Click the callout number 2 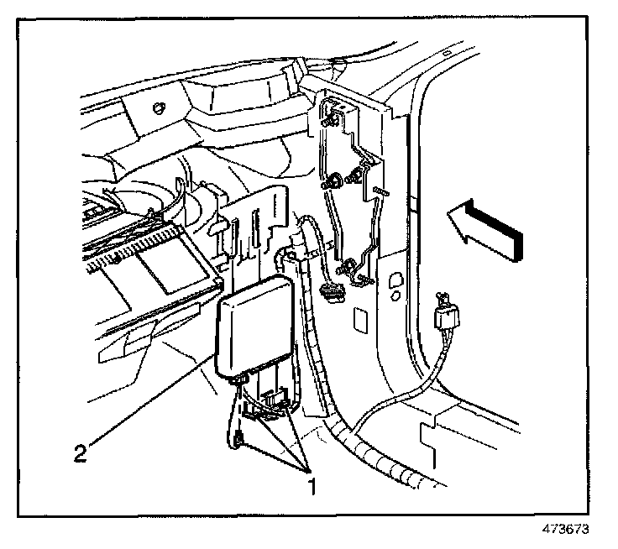point(79,454)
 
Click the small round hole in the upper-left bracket point(158,107)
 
